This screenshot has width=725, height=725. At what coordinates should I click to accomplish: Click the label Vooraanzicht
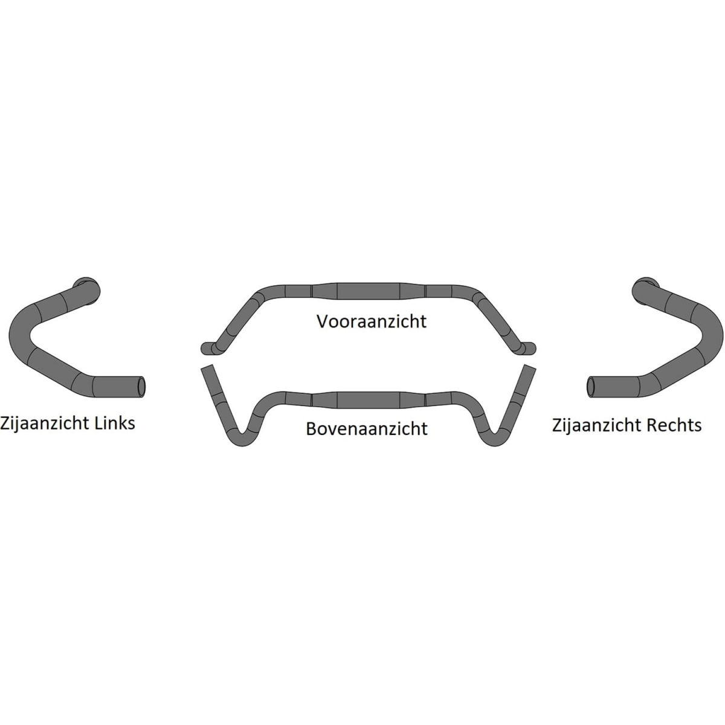tap(372, 321)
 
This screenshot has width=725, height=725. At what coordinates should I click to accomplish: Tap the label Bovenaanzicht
tap(367, 428)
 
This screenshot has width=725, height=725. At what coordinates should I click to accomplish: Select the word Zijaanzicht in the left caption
tap(45, 424)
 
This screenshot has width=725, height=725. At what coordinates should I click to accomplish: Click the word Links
tap(115, 423)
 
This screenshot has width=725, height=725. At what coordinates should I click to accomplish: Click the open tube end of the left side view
tap(141, 386)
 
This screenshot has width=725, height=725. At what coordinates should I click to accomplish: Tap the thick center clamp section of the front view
tap(369, 291)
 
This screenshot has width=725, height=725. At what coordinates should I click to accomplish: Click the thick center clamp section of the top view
tap(369, 400)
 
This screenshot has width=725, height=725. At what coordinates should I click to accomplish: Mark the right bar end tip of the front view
tap(533, 349)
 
